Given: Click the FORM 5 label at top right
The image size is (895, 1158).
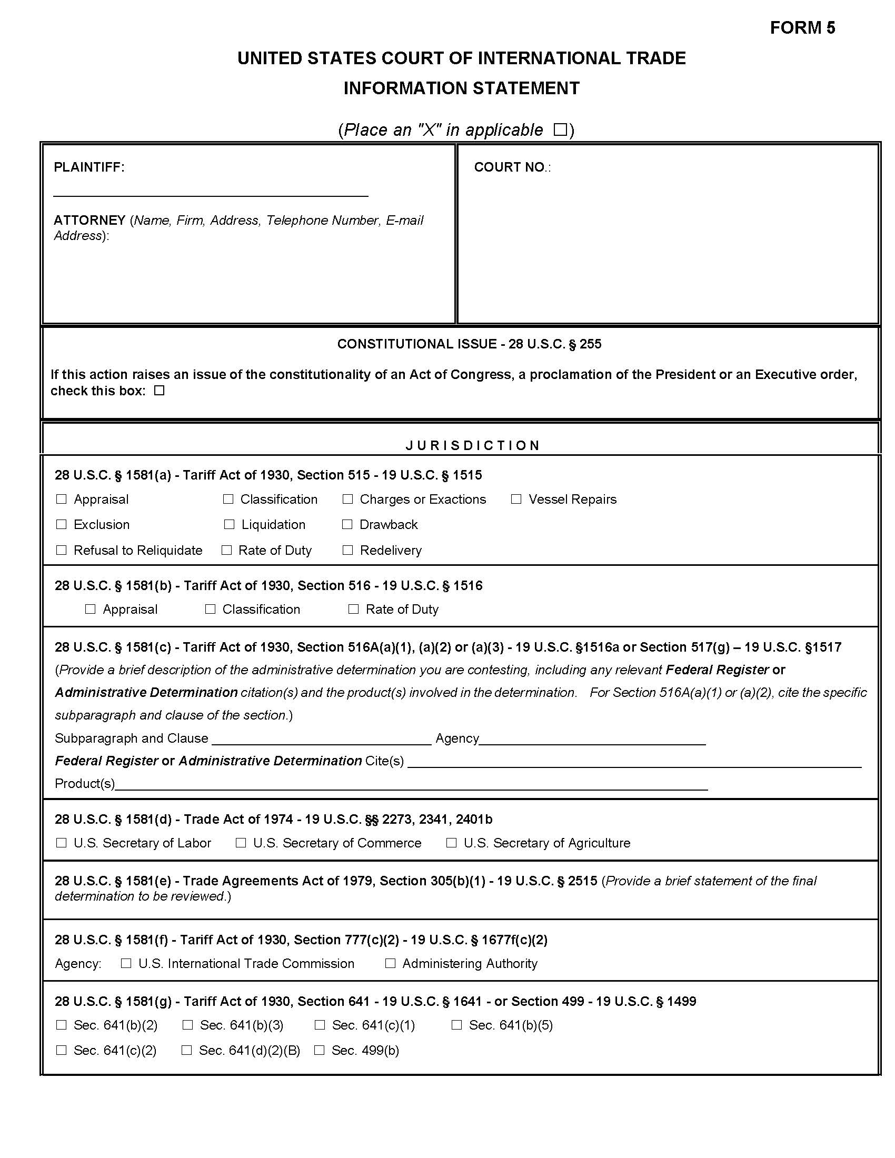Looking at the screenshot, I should (802, 27).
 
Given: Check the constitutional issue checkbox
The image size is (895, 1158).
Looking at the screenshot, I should (159, 391).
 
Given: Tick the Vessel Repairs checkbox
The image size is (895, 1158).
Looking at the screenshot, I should (516, 499).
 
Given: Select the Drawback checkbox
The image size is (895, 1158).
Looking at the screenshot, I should (347, 524).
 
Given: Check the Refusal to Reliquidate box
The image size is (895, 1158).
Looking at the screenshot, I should (62, 550).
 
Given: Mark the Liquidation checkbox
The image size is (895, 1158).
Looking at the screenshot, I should (229, 524).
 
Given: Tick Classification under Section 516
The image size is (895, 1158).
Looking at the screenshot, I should (211, 609).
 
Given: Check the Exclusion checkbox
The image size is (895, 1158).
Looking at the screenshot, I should (62, 524).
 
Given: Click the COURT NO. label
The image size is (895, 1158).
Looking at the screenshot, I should (512, 167).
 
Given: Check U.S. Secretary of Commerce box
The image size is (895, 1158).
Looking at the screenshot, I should (241, 843).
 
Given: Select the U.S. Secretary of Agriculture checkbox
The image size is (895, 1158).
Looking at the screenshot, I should (451, 843).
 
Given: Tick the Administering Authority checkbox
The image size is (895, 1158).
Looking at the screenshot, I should (390, 963).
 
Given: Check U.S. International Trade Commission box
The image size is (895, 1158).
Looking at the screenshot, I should (126, 963).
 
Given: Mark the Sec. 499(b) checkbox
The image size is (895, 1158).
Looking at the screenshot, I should (319, 1051).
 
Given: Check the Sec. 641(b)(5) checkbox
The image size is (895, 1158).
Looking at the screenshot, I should (456, 1025).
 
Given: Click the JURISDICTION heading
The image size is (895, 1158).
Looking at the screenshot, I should (472, 445).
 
